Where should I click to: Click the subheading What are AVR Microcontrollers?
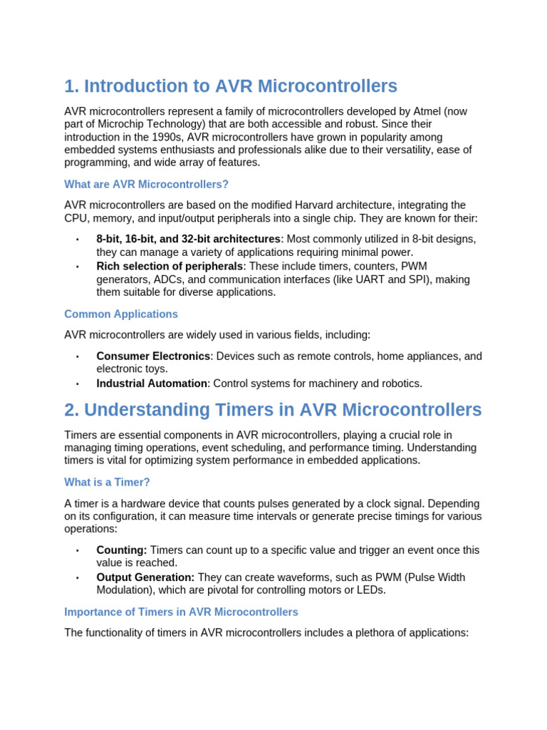(146, 184)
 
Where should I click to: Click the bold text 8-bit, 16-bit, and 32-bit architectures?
(188, 239)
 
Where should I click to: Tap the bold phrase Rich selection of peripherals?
(170, 266)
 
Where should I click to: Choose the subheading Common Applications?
(121, 314)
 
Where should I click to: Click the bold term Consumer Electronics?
(153, 356)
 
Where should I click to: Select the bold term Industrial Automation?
(152, 384)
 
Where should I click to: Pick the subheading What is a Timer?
(107, 482)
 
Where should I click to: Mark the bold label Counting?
(122, 550)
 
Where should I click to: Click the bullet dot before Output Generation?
(77, 578)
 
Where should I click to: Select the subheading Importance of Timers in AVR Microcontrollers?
(181, 612)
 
